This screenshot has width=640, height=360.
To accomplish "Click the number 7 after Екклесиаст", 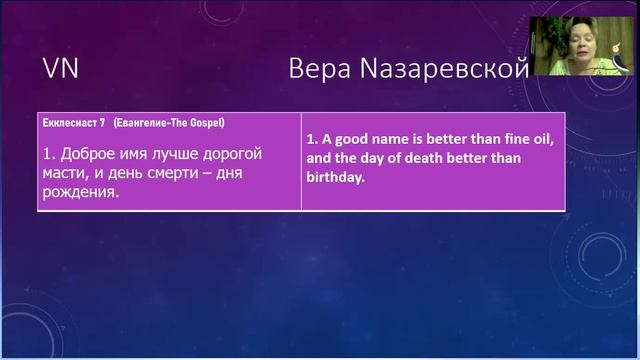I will click(104, 123).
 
